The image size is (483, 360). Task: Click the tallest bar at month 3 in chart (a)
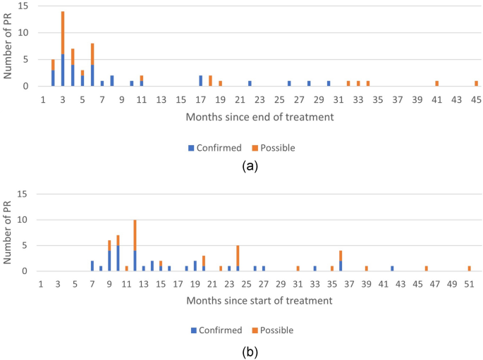tap(63, 49)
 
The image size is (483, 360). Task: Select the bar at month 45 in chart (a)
tap(476, 84)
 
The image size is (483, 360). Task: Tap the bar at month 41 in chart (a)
tap(437, 84)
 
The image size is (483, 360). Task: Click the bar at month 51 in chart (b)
tap(469, 268)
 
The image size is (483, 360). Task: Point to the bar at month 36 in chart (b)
tap(341, 261)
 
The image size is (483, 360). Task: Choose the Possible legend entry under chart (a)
tap(274, 148)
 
